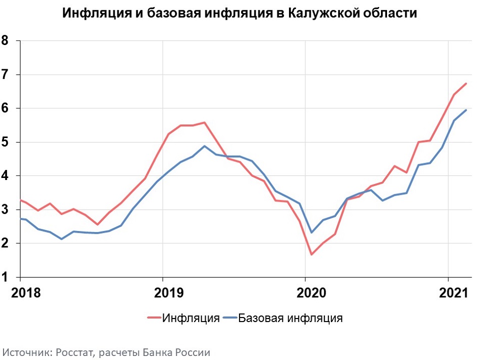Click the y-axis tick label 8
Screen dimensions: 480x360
(x=5, y=40)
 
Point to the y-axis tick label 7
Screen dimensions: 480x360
(x=5, y=74)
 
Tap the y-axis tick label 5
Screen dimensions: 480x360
(x=5, y=143)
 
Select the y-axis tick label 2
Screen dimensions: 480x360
(x=5, y=244)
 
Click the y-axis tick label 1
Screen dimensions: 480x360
(x=5, y=277)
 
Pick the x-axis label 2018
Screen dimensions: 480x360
(x=26, y=293)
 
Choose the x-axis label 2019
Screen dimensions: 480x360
(x=169, y=293)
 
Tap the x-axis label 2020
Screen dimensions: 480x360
(x=311, y=293)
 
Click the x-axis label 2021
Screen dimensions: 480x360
(x=454, y=293)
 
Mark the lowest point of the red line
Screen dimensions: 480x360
(x=311, y=255)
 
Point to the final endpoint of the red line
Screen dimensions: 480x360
(x=466, y=83)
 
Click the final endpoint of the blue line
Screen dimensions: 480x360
(x=466, y=110)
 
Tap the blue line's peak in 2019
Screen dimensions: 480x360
(x=205, y=146)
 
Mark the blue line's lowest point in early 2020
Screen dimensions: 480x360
(x=311, y=233)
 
